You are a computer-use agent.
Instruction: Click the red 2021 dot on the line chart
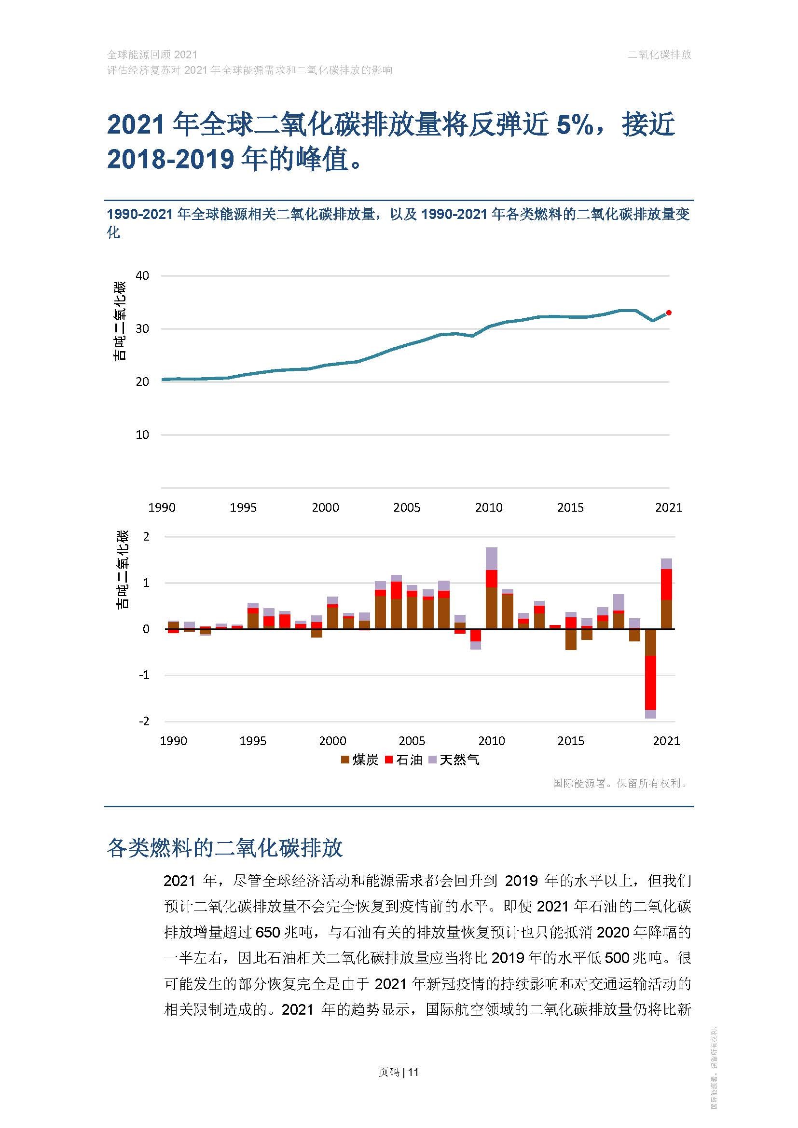668,313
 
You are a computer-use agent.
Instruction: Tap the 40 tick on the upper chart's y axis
142,276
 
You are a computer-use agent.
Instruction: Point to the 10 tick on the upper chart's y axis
142,435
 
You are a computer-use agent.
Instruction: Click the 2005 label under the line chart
406,507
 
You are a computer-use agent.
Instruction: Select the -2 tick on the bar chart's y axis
144,721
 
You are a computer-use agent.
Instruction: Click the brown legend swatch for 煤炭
345,760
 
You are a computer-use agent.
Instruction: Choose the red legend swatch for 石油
389,760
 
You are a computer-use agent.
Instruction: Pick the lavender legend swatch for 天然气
432,760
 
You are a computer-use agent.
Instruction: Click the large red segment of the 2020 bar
650,683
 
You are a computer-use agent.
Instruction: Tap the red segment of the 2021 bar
666,584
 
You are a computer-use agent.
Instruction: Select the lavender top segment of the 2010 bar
491,558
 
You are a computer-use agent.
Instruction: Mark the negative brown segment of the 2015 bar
570,639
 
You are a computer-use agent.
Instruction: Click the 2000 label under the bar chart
333,741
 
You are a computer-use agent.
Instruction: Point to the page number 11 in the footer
413,1072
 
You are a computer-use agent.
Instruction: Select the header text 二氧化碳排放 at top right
659,54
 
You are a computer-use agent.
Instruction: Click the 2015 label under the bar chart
570,741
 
